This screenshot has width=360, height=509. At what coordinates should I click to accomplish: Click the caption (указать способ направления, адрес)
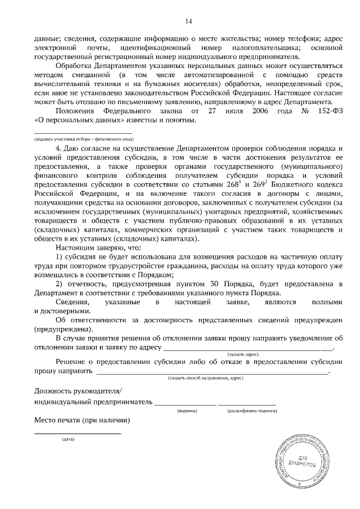209,380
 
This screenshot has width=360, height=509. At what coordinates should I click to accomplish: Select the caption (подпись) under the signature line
187,411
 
